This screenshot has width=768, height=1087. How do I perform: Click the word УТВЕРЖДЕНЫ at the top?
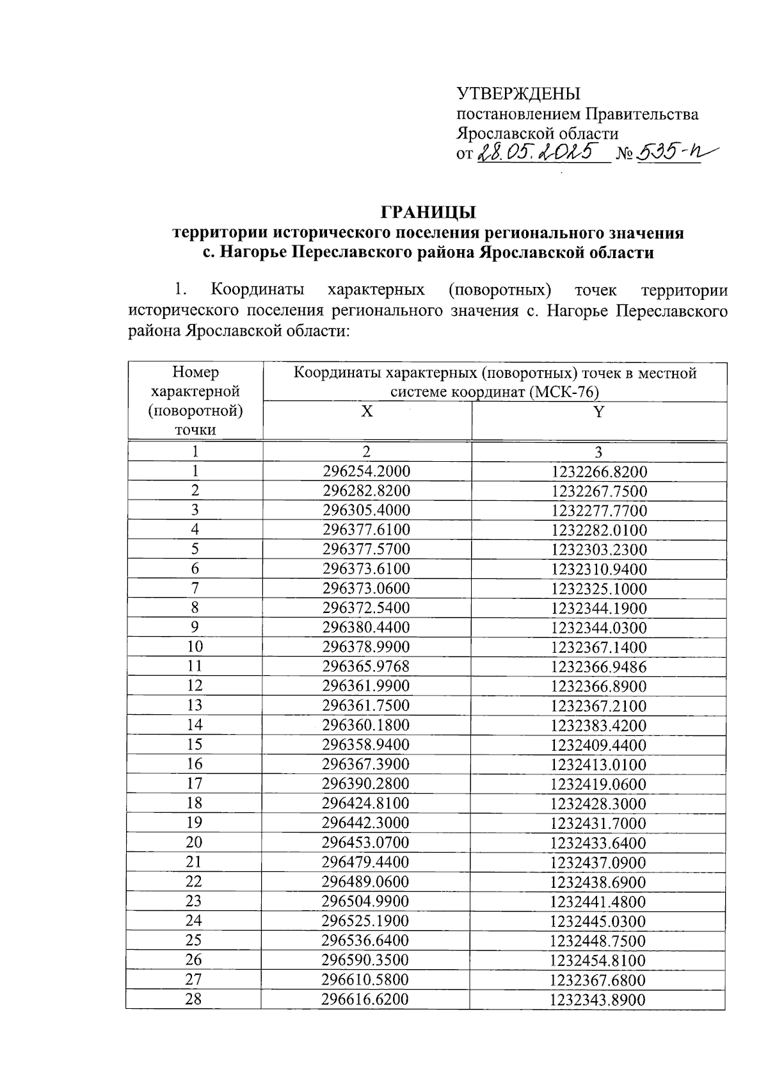518,94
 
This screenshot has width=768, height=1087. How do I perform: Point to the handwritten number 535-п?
669,152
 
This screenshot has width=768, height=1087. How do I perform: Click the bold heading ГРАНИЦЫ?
428,212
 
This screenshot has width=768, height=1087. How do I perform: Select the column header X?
366,413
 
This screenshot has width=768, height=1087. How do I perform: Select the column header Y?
598,413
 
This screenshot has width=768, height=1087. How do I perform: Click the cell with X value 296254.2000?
366,472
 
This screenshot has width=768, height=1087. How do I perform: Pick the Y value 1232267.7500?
598,492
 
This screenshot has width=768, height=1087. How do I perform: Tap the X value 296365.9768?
366,667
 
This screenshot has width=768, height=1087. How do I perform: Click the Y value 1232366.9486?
598,667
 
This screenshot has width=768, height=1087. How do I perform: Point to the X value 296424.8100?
366,803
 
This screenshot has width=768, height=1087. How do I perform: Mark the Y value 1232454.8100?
598,960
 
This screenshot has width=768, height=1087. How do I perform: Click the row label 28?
193,999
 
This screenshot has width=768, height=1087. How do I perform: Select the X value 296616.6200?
366,999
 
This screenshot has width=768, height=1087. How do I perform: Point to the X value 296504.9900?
366,901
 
